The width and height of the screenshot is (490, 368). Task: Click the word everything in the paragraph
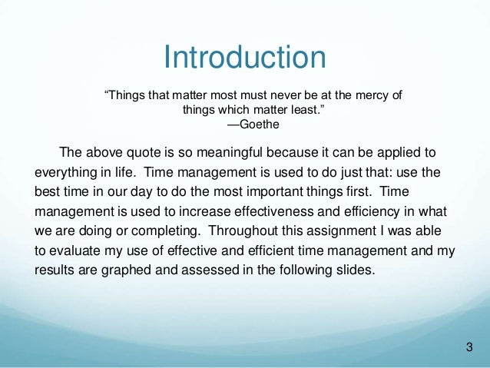tap(67, 169)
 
